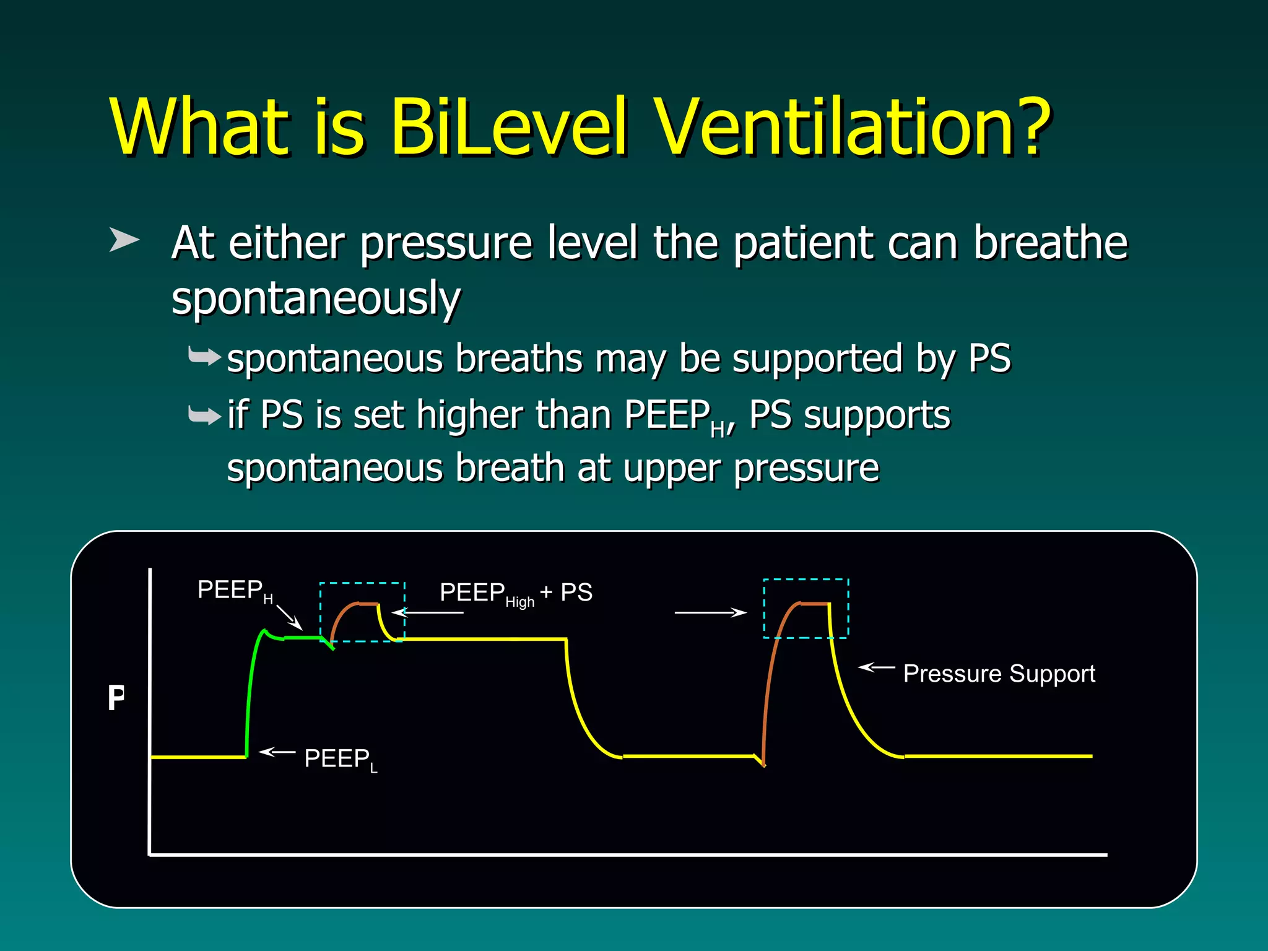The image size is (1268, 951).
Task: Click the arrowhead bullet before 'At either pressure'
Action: click(x=124, y=240)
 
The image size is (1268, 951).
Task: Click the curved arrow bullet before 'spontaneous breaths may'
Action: click(x=204, y=357)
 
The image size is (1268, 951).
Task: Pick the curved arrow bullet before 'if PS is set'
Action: click(x=204, y=415)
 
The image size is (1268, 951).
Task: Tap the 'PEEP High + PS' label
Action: click(x=516, y=593)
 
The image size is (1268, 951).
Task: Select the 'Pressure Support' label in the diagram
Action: click(x=999, y=674)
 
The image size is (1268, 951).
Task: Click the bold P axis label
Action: click(x=116, y=698)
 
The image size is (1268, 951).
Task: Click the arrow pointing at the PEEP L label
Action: click(x=277, y=752)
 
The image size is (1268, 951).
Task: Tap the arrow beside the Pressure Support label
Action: click(x=876, y=667)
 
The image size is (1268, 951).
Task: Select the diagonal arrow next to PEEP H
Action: click(x=289, y=617)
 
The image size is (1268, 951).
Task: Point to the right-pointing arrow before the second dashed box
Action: click(x=710, y=612)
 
